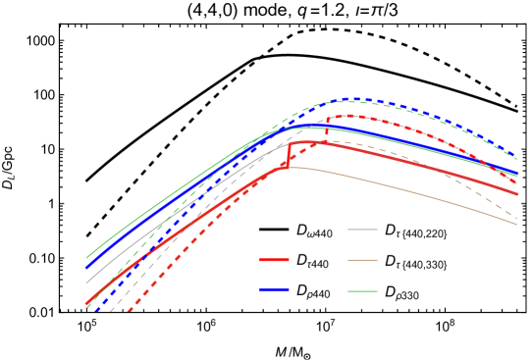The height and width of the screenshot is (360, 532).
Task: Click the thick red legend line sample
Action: point(274,260)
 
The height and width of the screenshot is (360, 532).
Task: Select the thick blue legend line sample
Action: point(274,289)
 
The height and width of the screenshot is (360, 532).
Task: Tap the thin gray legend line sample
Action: point(362,230)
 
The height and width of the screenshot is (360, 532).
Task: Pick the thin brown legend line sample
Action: point(362,260)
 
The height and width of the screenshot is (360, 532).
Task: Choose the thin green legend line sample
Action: point(362,290)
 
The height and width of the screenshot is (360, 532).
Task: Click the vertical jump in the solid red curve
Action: point(289,153)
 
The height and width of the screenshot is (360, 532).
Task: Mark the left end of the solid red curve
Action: point(86,303)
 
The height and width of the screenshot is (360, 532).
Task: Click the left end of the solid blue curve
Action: point(86,267)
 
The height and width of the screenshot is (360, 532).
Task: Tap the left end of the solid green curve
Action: point(86,258)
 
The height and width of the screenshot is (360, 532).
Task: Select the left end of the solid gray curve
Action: point(86,283)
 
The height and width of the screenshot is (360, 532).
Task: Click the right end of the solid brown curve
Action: point(516,225)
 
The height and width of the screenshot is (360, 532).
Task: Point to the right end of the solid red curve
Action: point(516,193)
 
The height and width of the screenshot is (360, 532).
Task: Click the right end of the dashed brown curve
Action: point(516,217)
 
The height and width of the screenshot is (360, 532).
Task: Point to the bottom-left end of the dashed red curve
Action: point(129,312)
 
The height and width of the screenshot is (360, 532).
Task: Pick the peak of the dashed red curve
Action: point(349,116)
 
